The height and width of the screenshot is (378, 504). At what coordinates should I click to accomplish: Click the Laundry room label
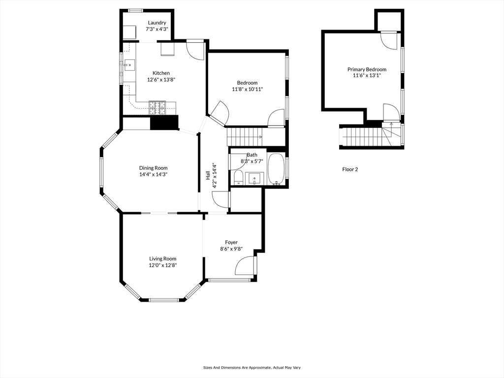(157, 23)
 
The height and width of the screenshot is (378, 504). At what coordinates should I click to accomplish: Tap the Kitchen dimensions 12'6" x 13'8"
(161, 79)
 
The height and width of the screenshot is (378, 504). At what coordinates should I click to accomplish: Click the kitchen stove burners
(157, 108)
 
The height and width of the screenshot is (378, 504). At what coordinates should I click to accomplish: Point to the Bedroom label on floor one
(247, 83)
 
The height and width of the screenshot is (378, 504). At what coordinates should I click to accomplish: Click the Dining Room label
(154, 168)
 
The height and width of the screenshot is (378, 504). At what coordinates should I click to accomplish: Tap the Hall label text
(208, 175)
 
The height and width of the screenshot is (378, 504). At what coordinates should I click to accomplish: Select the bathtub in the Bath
(276, 169)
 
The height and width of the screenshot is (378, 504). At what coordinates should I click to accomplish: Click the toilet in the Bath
(238, 177)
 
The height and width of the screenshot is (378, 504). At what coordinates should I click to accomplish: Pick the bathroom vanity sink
(254, 178)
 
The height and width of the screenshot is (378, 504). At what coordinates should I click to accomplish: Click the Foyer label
(231, 242)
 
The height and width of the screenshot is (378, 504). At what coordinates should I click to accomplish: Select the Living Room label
(162, 258)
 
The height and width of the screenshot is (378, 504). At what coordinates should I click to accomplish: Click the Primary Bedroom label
(367, 69)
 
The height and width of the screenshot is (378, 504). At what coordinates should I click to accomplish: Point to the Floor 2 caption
(350, 169)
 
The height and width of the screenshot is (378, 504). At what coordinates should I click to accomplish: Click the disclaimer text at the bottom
(252, 367)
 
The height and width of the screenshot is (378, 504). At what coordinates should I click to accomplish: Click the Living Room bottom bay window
(163, 300)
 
